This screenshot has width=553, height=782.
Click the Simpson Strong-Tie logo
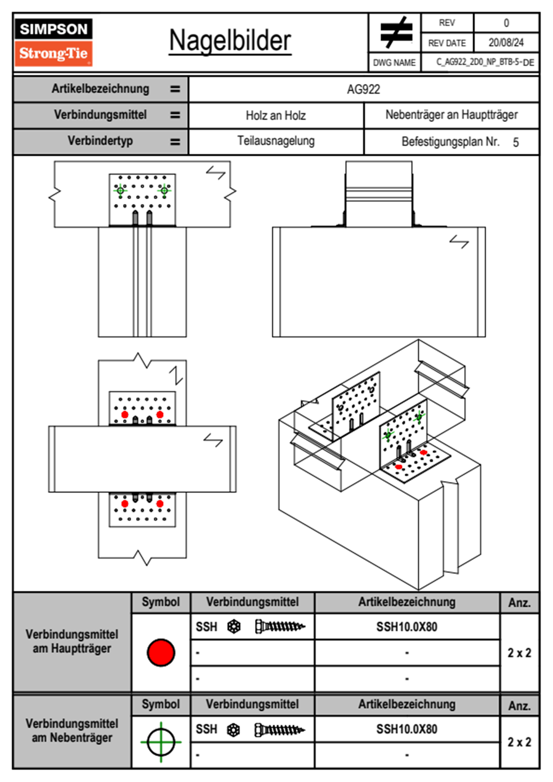(53, 42)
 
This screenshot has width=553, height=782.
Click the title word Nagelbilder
(230, 40)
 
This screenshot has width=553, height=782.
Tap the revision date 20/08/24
(506, 43)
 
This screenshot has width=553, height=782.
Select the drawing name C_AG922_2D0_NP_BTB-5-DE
(485, 62)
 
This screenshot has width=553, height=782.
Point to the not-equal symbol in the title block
(395, 33)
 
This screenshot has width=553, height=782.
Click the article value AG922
(363, 89)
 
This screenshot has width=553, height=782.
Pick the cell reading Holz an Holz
(276, 116)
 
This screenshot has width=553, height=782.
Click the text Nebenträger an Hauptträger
(451, 115)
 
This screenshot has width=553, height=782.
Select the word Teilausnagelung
(276, 141)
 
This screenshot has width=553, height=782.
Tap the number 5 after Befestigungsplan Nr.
(515, 142)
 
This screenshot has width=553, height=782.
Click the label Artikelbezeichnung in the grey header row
(100, 89)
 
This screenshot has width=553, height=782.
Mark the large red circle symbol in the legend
(161, 652)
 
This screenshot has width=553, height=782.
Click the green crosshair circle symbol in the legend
(161, 742)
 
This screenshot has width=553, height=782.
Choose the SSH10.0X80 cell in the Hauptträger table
(407, 627)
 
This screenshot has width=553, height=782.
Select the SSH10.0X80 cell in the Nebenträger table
(407, 729)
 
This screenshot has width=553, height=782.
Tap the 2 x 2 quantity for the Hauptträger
(519, 653)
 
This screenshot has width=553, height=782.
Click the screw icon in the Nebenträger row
(279, 730)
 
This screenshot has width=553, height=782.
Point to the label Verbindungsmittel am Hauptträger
(72, 642)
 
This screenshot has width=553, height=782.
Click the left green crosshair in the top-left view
(120, 190)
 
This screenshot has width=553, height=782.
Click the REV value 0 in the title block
(506, 23)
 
